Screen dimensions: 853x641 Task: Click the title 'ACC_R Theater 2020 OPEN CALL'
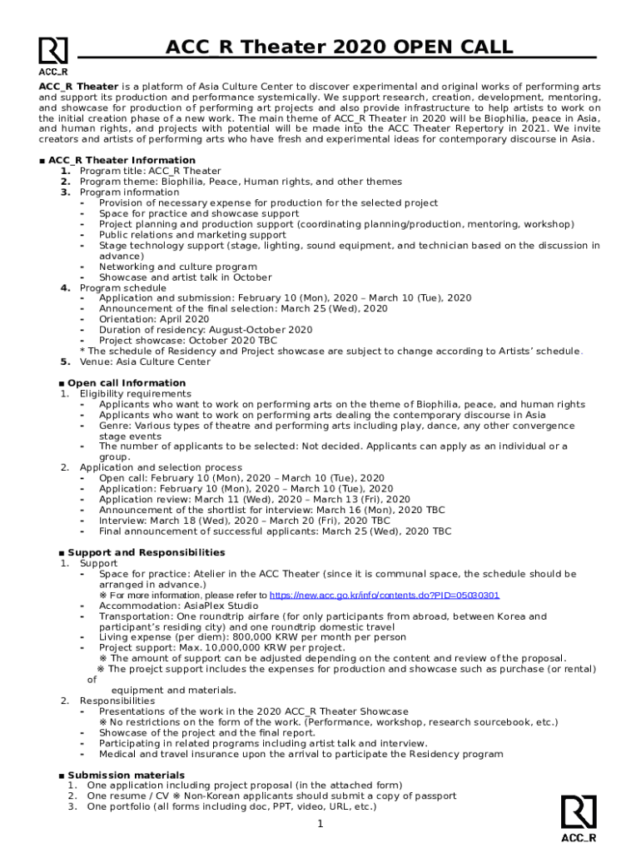coord(339,47)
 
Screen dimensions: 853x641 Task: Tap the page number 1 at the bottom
coord(320,825)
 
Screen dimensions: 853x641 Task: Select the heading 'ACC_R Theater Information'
coord(122,160)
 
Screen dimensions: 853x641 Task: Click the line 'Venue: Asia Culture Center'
coord(146,362)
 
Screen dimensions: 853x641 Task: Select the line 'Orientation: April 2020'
coord(154,319)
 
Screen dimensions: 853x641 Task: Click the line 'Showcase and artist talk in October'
coord(185,277)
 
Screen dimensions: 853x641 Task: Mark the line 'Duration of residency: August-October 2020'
coord(206,330)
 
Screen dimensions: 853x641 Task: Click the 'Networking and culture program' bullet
coord(177,267)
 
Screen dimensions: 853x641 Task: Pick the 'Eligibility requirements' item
coord(135,393)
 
